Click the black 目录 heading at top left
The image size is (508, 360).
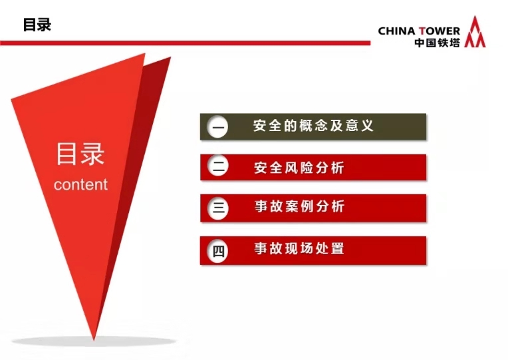click(x=37, y=25)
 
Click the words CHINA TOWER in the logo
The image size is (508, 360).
click(x=419, y=31)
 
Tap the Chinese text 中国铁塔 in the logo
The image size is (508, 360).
click(x=437, y=43)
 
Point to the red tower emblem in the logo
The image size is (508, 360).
click(x=475, y=32)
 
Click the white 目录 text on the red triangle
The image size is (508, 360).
click(x=80, y=154)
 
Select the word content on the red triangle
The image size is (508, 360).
click(x=80, y=184)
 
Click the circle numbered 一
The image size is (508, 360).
click(x=217, y=127)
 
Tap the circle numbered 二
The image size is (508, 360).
click(x=217, y=166)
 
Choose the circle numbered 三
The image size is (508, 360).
click(x=217, y=208)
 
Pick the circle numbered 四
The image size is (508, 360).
click(x=217, y=251)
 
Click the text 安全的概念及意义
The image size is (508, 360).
click(x=313, y=126)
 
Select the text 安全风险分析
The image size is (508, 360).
click(x=299, y=168)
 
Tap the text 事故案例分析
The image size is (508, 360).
click(x=299, y=206)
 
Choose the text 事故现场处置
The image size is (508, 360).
click(x=299, y=248)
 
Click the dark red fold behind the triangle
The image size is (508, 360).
click(x=142, y=130)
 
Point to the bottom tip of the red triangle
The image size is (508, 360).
click(x=94, y=340)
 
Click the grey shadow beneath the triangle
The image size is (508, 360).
click(x=94, y=341)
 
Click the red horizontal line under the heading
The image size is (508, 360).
click(x=185, y=43)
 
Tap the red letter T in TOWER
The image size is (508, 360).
click(x=422, y=31)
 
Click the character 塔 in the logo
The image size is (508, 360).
click(x=455, y=43)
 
